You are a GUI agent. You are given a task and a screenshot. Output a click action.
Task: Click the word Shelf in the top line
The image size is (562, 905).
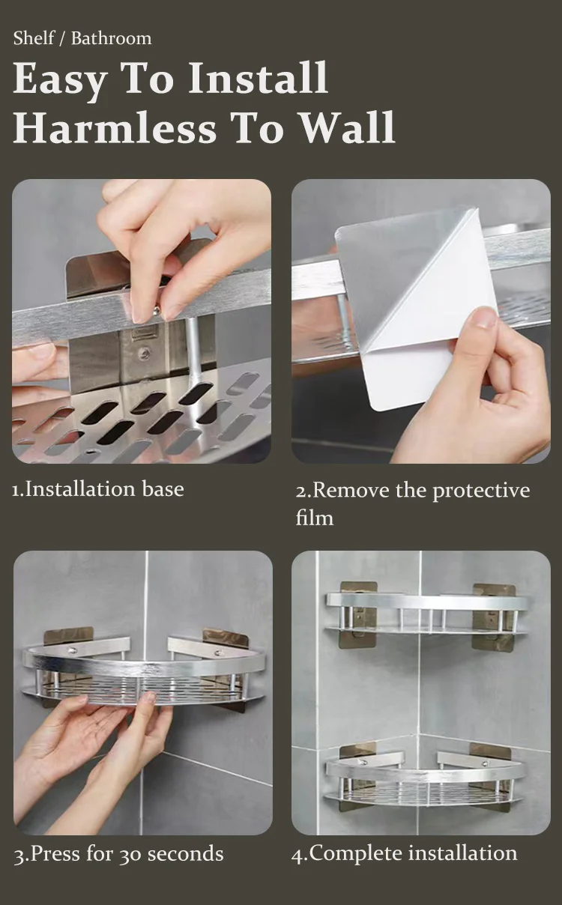[34, 38]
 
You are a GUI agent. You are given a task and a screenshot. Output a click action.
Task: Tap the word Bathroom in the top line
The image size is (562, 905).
[112, 39]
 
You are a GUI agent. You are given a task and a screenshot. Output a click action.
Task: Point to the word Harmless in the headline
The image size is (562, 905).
[115, 127]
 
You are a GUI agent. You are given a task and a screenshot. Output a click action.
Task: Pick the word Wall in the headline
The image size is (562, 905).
[348, 127]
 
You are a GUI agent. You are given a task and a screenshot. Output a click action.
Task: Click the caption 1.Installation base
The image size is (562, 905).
[98, 489]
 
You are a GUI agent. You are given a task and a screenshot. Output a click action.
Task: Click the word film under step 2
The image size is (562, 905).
[314, 518]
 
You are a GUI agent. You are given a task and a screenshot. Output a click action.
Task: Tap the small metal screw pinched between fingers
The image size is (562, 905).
[157, 310]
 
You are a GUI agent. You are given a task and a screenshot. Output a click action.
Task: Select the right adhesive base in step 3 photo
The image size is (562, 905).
[225, 636]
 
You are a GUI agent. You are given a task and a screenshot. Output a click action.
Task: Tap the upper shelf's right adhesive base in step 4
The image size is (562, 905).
[494, 617]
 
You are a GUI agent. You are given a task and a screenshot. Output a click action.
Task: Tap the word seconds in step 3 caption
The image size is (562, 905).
[185, 854]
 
